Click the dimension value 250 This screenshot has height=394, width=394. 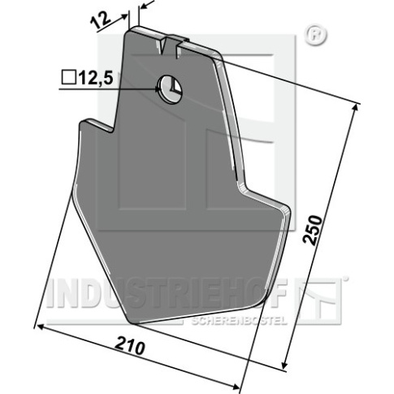pyautogui.click(x=314, y=230)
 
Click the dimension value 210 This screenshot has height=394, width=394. pyautogui.click(x=130, y=347)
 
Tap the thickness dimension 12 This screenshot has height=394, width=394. pyautogui.click(x=101, y=19)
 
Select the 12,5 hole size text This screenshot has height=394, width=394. pyautogui.click(x=95, y=78)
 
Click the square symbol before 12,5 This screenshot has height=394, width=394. pyautogui.click(x=68, y=77)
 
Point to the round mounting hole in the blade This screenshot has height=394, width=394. pyautogui.click(x=171, y=89)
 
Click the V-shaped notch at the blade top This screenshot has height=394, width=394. pyautogui.click(x=162, y=46)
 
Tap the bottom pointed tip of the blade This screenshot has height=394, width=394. pyautogui.click(x=132, y=322)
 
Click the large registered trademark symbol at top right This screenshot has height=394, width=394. pyautogui.click(x=316, y=35)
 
